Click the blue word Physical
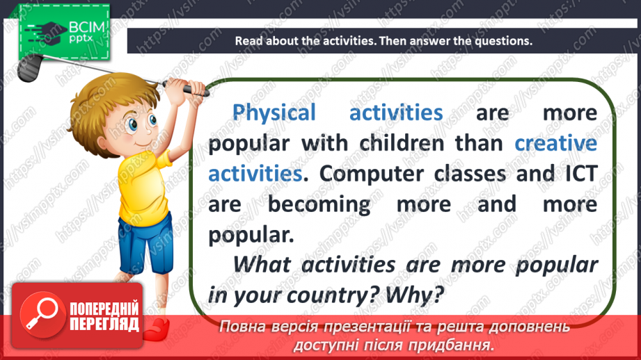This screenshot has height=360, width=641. pyautogui.click(x=274, y=113)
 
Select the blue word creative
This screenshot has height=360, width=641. pyautogui.click(x=555, y=143)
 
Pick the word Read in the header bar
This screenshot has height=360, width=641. pyautogui.click(x=248, y=40)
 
